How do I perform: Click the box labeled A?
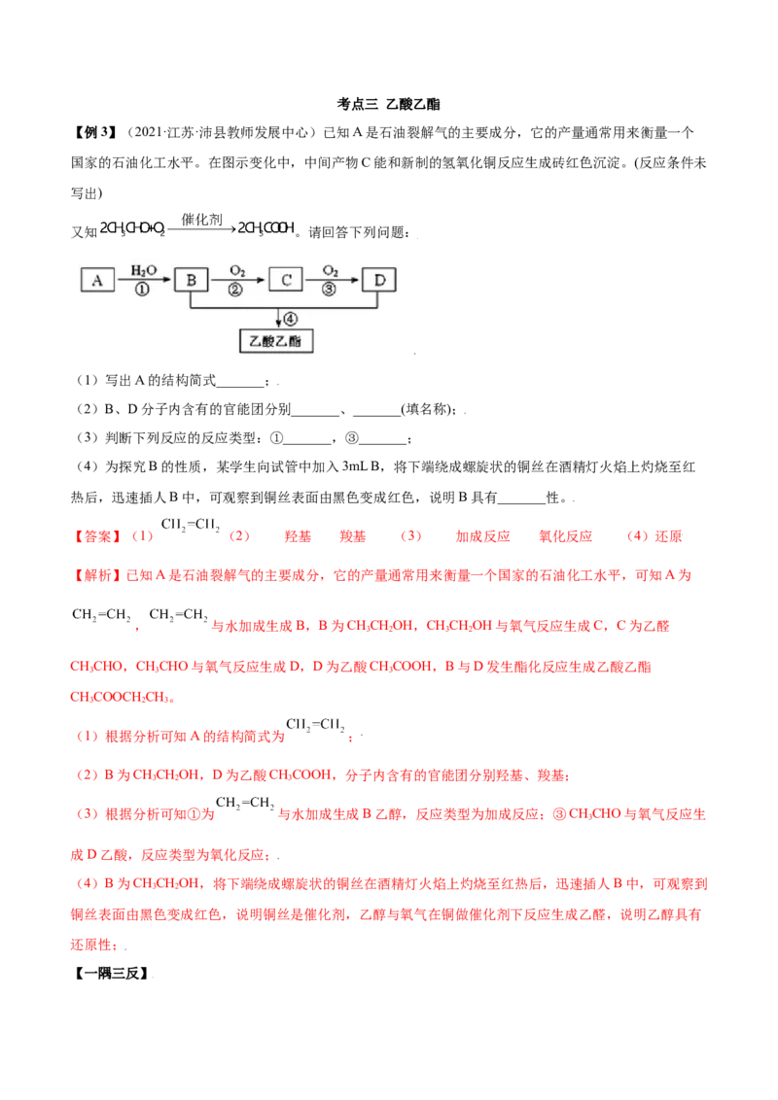pyautogui.click(x=97, y=280)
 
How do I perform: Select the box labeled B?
pyautogui.click(x=192, y=280)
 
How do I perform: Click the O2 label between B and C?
pyautogui.click(x=237, y=269)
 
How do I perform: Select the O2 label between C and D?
pyautogui.click(x=332, y=269)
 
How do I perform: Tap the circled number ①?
pyautogui.click(x=143, y=291)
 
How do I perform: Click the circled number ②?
pyautogui.click(x=236, y=291)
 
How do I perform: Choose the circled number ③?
pyautogui.click(x=331, y=291)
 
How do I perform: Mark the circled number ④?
pyautogui.click(x=290, y=317)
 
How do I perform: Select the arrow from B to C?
pyautogui.click(x=238, y=281)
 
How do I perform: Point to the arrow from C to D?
pyautogui.click(x=333, y=281)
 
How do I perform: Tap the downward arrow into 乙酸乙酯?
pyautogui.click(x=279, y=320)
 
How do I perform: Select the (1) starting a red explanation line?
pyautogui.click(x=85, y=737)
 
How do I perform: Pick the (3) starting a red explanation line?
pyautogui.click(x=86, y=811)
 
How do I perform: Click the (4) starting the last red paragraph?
pyautogui.click(x=86, y=883)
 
